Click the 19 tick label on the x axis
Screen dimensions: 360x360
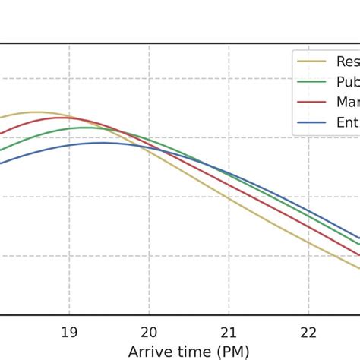69,332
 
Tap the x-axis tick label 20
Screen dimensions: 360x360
149,332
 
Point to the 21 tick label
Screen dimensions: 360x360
229,332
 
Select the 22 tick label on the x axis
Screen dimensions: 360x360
308,332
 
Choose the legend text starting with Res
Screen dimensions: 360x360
347,62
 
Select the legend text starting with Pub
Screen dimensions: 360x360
347,82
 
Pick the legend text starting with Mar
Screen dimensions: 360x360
347,102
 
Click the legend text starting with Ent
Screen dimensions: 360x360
347,122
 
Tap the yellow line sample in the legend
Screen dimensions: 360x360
314,62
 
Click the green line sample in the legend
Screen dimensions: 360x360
314,82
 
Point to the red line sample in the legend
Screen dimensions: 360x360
314,103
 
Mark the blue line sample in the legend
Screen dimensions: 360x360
314,122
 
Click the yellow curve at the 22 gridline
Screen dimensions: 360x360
308,242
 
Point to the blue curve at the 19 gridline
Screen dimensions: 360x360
69,146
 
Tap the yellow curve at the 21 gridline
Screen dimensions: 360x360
229,197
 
